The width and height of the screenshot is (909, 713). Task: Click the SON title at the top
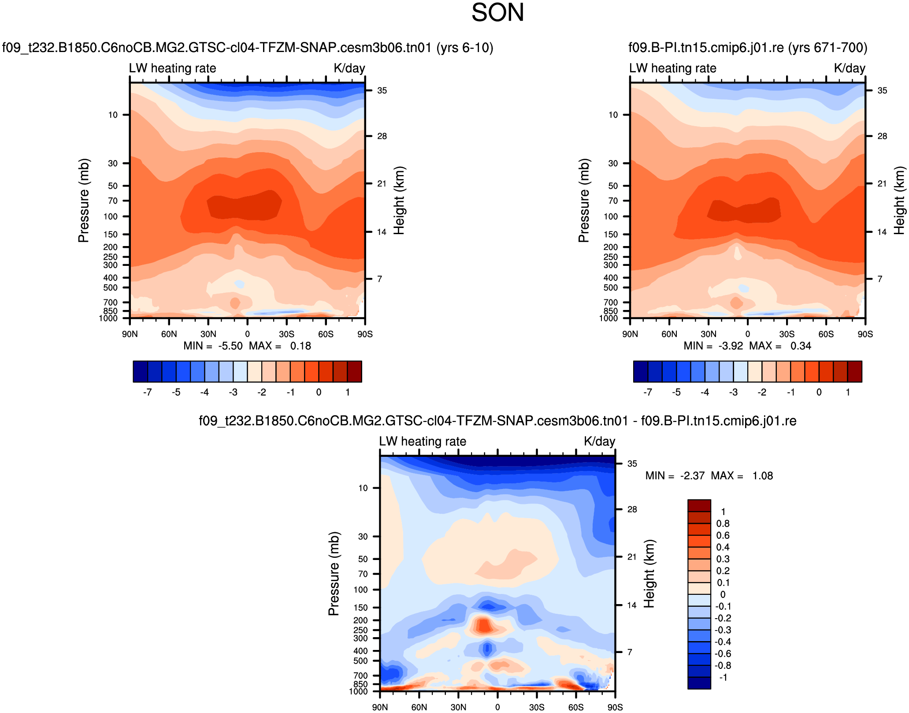(497, 12)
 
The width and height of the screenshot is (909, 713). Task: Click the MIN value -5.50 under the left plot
(230, 346)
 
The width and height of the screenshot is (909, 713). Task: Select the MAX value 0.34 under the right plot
(801, 346)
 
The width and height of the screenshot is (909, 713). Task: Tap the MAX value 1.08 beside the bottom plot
(762, 476)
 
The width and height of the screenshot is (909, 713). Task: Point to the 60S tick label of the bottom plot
(575, 707)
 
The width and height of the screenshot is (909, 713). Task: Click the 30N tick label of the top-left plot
(208, 334)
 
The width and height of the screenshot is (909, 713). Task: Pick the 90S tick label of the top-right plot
(865, 334)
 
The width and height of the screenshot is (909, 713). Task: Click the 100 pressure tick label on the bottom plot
(360, 590)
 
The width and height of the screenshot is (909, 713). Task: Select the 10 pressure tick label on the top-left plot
(113, 115)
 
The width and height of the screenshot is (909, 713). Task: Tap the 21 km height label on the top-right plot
(882, 184)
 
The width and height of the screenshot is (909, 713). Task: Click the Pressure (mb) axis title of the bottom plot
(334, 574)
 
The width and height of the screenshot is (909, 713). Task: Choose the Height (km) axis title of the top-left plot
(399, 201)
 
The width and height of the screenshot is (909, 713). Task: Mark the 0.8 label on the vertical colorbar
(723, 524)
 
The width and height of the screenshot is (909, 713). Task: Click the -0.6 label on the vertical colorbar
(722, 654)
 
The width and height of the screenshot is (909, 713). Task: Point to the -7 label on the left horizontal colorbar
(148, 392)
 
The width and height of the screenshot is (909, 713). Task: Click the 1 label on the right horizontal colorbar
(848, 392)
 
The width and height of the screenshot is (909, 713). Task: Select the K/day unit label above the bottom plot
(599, 441)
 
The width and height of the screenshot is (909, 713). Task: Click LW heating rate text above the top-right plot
(672, 68)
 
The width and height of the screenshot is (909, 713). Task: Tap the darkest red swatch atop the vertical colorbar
(699, 505)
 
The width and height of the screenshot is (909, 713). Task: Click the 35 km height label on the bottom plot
(632, 464)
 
